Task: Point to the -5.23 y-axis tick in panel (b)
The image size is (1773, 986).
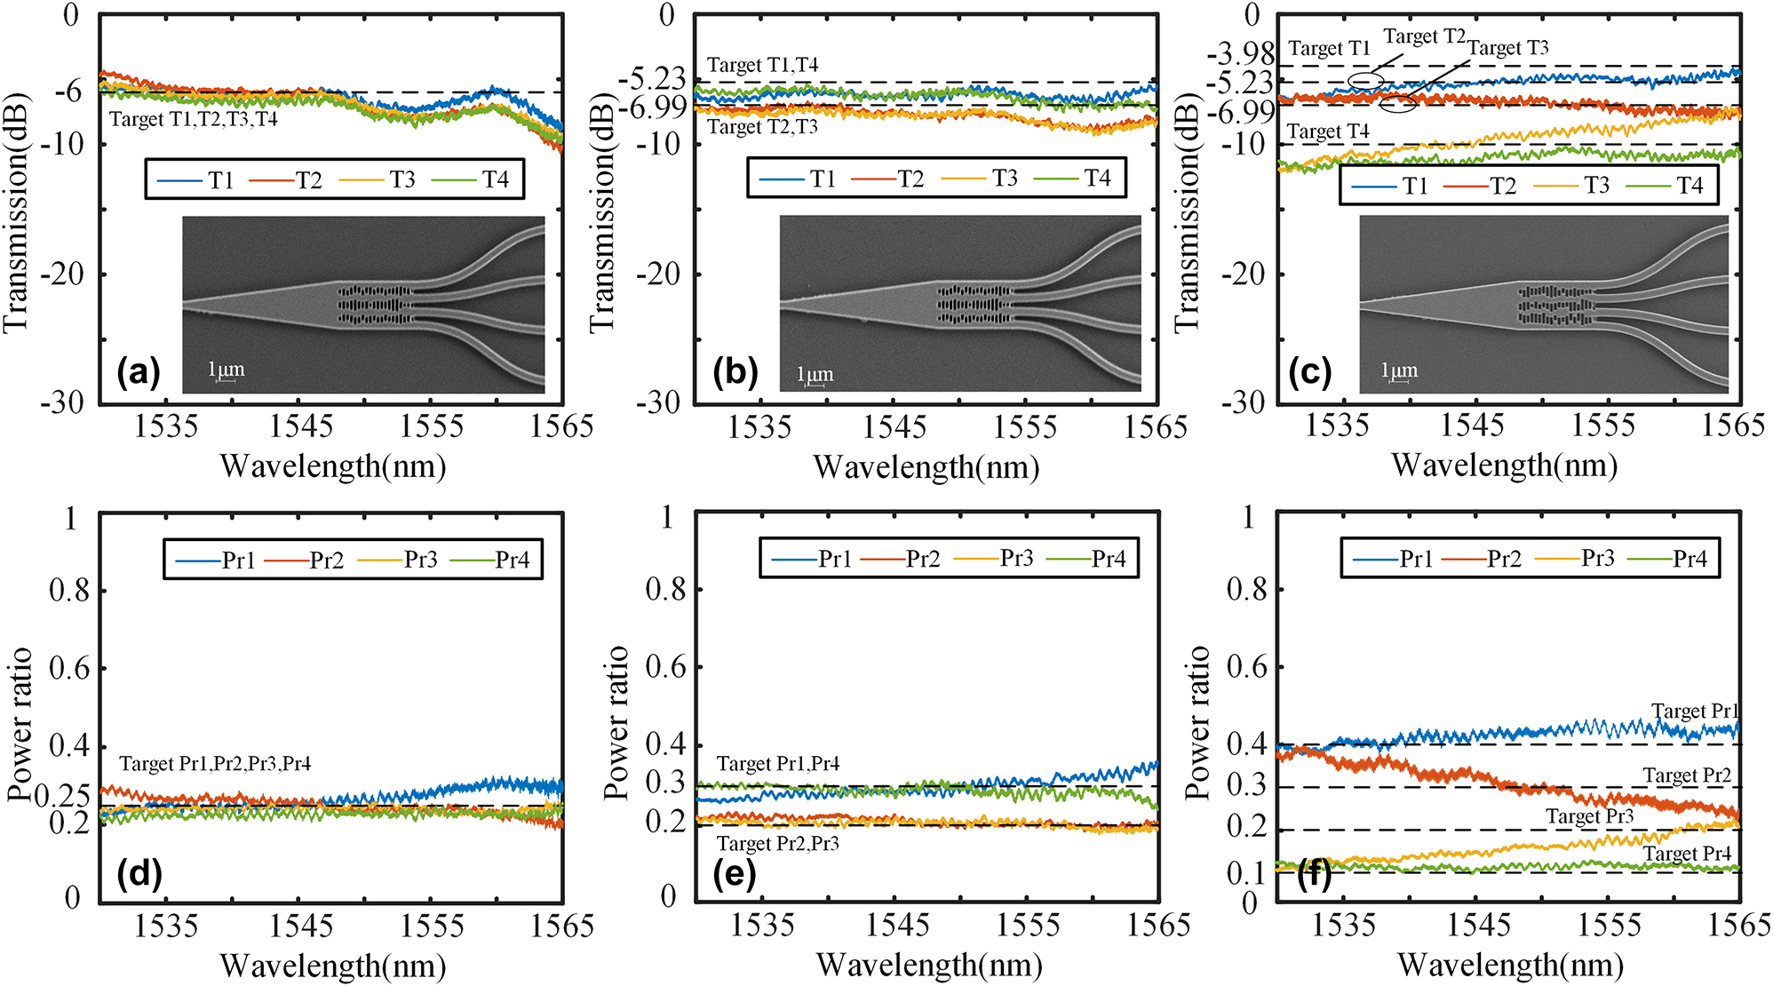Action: point(654,81)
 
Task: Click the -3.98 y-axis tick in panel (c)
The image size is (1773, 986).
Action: point(1241,55)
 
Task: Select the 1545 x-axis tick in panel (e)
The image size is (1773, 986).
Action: point(896,926)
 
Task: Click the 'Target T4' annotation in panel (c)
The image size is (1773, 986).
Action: point(1328,132)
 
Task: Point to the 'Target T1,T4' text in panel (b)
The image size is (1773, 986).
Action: point(762,65)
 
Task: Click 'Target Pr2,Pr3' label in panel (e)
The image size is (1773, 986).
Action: point(777,843)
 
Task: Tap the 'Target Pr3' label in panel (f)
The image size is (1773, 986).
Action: point(1589,816)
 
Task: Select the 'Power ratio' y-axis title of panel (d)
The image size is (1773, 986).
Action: point(20,724)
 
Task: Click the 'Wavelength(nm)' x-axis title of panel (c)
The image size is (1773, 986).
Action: point(1504,465)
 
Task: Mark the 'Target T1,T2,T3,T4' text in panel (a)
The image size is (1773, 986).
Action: point(193,119)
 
